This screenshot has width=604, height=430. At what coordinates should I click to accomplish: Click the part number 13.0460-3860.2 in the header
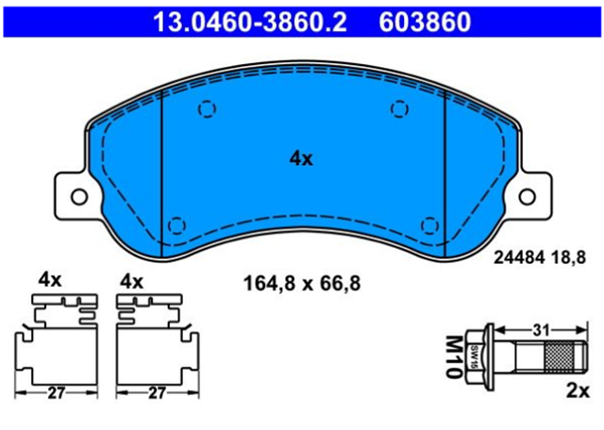coord(250,21)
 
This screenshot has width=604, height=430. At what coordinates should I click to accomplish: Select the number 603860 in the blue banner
coord(425,21)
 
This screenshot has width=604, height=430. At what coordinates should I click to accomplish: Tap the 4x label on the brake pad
coord(301,158)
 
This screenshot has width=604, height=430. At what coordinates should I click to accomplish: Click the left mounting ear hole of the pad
coord(79,197)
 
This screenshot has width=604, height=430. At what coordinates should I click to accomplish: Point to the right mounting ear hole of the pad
coord(528,197)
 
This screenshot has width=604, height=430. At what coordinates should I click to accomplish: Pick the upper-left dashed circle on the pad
coord(208,109)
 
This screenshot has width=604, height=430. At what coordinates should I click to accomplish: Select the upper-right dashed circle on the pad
coord(399,109)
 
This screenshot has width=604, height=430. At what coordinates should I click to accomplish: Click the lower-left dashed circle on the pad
coord(177,225)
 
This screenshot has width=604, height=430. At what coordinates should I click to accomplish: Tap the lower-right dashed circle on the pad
coord(430,225)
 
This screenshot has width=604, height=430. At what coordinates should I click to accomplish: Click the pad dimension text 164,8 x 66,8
coord(302,284)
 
